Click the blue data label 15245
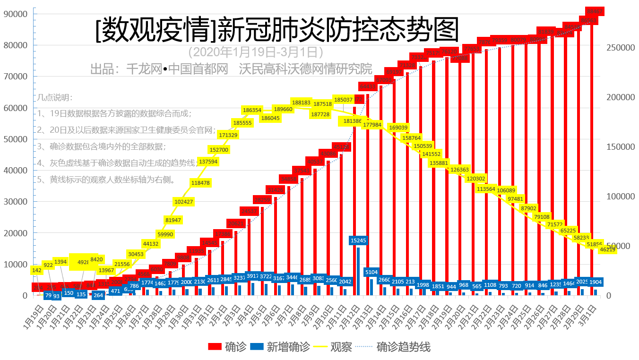[x=358, y=240]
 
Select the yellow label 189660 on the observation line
[x=283, y=109]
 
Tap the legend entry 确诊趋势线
[x=403, y=347]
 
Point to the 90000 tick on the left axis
[x=15, y=14]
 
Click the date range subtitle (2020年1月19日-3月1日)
[x=255, y=51]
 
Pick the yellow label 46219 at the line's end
[x=607, y=249]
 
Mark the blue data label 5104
[x=371, y=272]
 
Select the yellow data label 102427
[x=184, y=201]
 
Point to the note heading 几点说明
[x=55, y=98]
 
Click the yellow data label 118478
[x=200, y=182]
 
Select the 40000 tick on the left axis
[x=15, y=171]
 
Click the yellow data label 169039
[x=398, y=128]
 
